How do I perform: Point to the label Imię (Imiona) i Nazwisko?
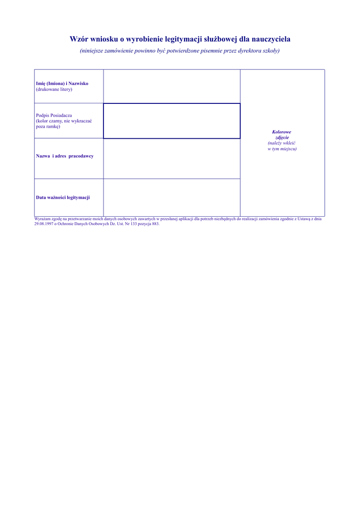click(x=62, y=84)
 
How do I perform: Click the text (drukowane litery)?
click(x=54, y=89)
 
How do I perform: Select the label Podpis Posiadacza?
click(x=54, y=115)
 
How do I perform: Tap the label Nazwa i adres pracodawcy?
click(x=65, y=156)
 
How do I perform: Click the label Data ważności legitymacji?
click(x=63, y=197)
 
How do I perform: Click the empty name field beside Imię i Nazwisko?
click(x=172, y=86)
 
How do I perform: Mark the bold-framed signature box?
click(x=172, y=121)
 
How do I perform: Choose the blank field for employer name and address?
click(x=172, y=158)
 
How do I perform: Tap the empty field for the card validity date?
click(x=172, y=197)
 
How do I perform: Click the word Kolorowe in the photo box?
click(x=282, y=132)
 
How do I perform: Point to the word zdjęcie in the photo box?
click(x=282, y=137)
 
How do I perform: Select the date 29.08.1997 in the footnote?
click(x=44, y=224)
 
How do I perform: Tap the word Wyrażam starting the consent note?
click(x=43, y=219)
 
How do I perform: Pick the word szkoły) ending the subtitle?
click(x=271, y=51)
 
